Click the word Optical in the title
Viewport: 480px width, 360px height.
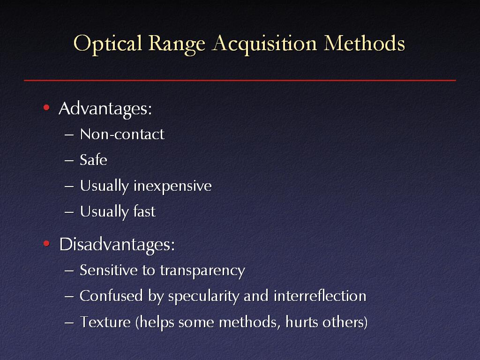pos(108,44)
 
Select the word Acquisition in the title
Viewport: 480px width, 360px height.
pos(264,44)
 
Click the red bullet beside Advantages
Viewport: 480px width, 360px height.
pos(46,107)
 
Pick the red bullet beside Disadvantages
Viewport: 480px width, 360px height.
pos(46,243)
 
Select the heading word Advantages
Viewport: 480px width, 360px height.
pos(105,109)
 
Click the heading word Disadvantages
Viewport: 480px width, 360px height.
pos(117,245)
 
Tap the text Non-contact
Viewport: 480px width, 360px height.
pos(122,135)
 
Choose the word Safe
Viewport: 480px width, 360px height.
pos(93,160)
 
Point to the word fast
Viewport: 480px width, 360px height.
pos(144,211)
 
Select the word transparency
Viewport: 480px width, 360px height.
pos(202,271)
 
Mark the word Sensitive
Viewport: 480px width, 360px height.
pos(108,270)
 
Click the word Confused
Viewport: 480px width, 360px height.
pos(111,296)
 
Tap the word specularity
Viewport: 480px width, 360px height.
pos(204,297)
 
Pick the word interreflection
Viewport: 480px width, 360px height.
pos(320,296)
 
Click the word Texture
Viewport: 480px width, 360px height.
pos(105,322)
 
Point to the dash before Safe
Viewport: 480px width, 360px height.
pos(69,160)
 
